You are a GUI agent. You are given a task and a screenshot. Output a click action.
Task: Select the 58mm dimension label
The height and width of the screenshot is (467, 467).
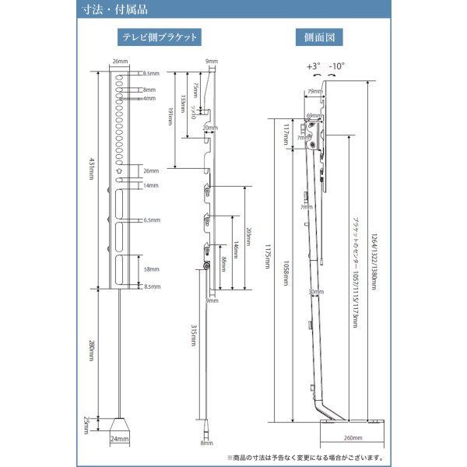(151, 269)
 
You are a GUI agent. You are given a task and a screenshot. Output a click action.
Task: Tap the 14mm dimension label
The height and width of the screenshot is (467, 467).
(151, 186)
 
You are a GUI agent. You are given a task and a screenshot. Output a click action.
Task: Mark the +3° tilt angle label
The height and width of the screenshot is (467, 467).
(313, 68)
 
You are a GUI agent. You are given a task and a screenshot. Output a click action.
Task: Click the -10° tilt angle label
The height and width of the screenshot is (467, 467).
(336, 68)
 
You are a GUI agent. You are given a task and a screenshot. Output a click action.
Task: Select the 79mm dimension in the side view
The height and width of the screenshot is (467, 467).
(314, 92)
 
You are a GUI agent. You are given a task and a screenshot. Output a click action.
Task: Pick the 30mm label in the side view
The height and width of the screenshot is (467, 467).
(314, 293)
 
